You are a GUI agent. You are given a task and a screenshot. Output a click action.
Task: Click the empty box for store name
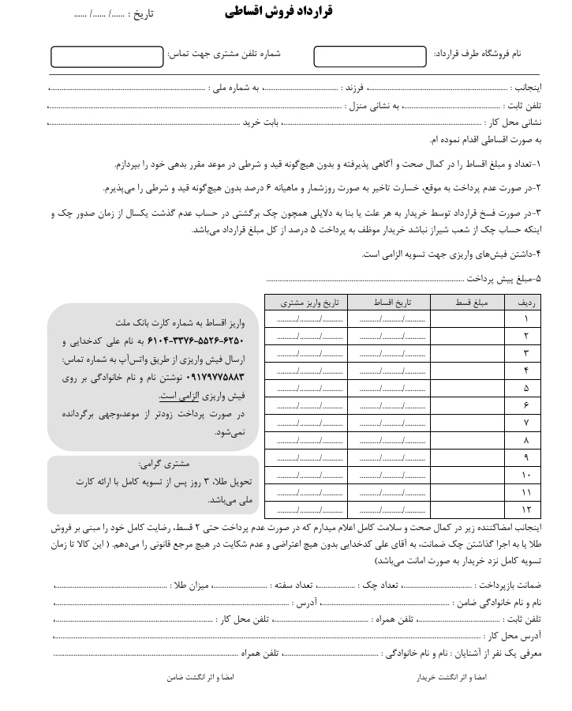368,56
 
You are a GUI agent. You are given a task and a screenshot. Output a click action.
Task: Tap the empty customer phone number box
107,57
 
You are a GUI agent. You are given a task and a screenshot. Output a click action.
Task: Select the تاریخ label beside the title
142,15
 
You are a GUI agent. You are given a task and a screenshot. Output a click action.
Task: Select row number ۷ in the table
527,422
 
